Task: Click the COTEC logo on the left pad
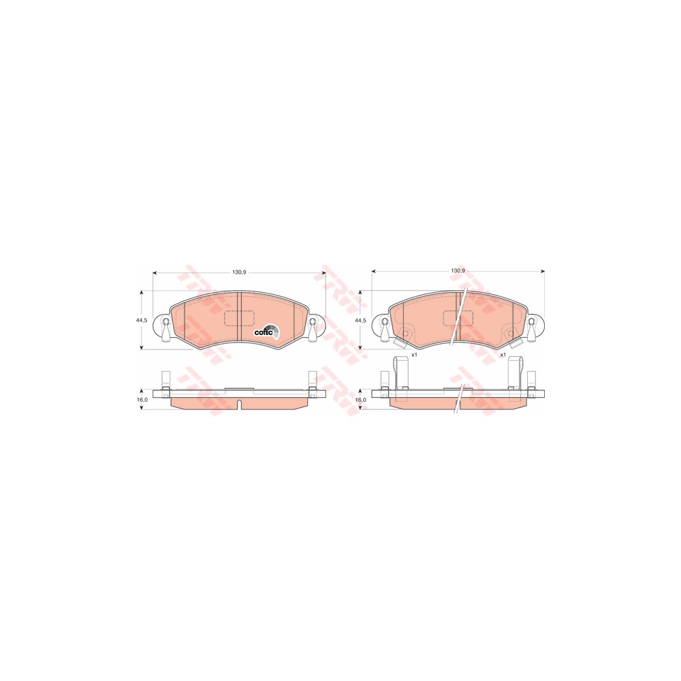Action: tap(267, 330)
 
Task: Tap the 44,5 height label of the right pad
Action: tap(360, 319)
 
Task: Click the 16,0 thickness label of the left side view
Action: tap(142, 399)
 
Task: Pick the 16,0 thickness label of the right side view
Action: tap(361, 399)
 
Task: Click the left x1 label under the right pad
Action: tap(414, 354)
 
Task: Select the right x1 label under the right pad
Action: tap(503, 354)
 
